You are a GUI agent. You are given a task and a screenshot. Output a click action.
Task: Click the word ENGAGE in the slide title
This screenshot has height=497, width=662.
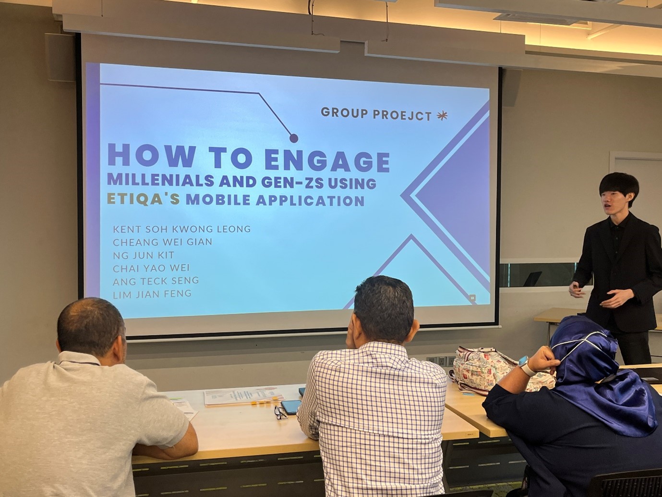[x=328, y=161]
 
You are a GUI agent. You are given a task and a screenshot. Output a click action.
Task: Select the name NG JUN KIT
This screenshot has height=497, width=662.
[x=144, y=255]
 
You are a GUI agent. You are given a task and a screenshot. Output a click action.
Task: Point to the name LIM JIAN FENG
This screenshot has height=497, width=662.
[x=152, y=294]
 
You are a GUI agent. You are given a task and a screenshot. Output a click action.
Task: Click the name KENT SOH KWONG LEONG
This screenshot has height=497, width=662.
[x=182, y=229]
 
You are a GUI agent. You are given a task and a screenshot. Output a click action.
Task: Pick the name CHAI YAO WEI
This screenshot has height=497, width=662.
[x=151, y=268]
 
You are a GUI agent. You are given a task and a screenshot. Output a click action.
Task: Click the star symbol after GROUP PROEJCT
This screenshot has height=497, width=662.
[x=442, y=116]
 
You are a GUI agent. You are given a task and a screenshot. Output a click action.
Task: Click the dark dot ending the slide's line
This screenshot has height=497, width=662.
[x=293, y=138]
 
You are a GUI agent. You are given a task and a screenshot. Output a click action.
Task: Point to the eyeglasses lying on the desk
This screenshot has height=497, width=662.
[x=280, y=412]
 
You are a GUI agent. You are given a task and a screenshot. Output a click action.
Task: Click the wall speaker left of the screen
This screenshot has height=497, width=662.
[x=60, y=57]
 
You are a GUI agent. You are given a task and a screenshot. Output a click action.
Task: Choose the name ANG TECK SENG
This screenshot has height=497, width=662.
[x=156, y=281]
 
